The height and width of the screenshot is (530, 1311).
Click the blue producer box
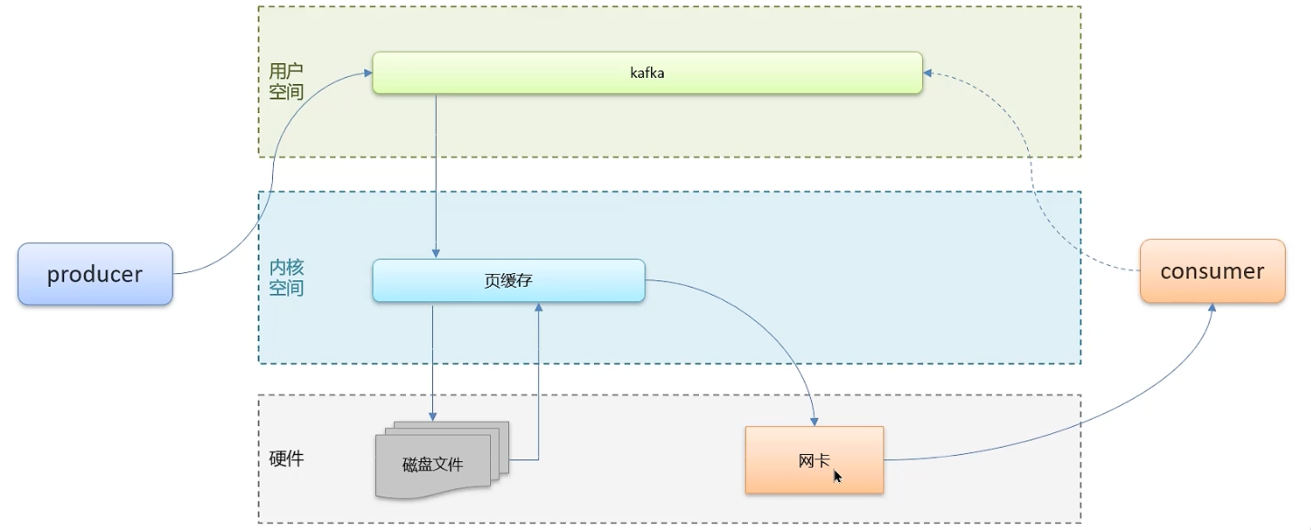pos(95,274)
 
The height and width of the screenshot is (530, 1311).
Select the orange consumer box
pos(1212,271)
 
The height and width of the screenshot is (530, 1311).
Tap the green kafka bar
pos(647,72)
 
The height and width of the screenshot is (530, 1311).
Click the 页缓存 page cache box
pos(509,280)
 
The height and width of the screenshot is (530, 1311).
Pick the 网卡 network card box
pos(814,459)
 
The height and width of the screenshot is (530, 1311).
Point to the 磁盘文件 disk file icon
pos(442,460)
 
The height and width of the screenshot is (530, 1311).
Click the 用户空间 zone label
pos(287,81)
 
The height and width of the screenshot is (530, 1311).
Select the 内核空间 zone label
pos(287,278)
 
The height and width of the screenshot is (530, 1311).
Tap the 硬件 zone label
pos(287,459)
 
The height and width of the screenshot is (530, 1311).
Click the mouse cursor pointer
pos(837,476)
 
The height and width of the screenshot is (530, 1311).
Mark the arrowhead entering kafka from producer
pos(368,73)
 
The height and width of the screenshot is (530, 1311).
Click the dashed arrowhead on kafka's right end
pos(928,73)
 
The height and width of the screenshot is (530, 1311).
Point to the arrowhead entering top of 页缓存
pos(436,254)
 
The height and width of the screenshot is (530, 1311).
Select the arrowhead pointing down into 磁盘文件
pos(432,416)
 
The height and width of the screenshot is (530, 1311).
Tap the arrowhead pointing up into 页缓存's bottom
pos(539,307)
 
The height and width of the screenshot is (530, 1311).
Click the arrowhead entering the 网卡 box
pos(814,421)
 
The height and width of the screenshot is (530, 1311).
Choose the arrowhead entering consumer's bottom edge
pos(1212,308)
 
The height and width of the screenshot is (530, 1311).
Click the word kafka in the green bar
pos(647,72)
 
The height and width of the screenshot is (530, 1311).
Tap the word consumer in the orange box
pos(1212,271)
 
